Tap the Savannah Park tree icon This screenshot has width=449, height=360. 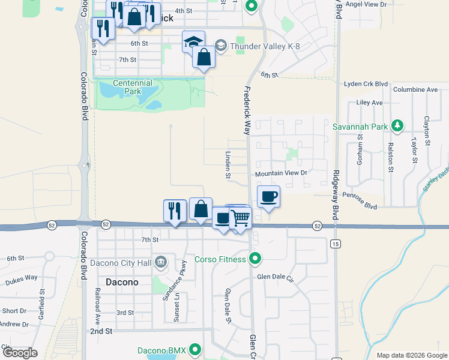tap(396, 127)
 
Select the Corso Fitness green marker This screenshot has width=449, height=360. tap(256, 259)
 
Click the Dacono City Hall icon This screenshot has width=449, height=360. tap(160, 262)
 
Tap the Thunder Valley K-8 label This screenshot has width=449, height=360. tap(262, 46)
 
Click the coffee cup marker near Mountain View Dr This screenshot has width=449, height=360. tap(268, 196)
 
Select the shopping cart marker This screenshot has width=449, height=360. tap(240, 217)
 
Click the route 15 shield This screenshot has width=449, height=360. tap(335, 244)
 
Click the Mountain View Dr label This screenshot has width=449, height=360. tap(281, 173)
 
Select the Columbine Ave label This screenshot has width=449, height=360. tap(415, 90)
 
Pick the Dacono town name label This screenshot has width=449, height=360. tap(122, 282)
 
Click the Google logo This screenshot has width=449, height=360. tap(20, 353)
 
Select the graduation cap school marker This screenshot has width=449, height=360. tap(193, 42)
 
